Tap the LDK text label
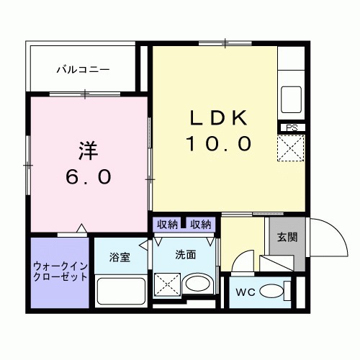coord(219,117)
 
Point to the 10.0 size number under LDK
coord(219,144)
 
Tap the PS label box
coord(292,128)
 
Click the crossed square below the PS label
coord(292,150)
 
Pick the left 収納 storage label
coord(167,225)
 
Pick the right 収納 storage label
coord(201,225)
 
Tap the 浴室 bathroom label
coord(120,257)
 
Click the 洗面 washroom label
coord(186,253)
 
